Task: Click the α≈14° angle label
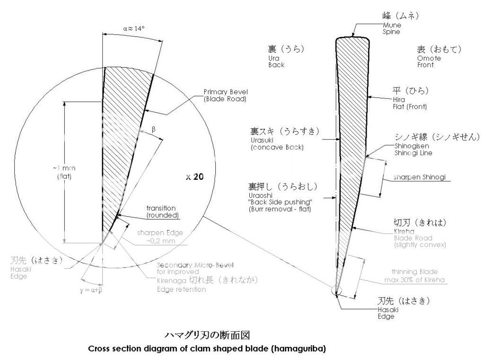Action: tap(134, 29)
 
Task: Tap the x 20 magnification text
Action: tap(195, 176)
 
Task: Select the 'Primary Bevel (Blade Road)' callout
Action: tap(226, 96)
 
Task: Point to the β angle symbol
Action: tap(153, 130)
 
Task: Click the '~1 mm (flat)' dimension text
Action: tap(64, 172)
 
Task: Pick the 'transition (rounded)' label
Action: tap(162, 212)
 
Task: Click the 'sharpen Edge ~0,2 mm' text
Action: tap(160, 237)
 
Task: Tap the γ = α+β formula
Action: tap(91, 290)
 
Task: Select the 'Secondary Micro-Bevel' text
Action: tap(195, 265)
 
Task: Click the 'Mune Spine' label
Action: tap(392, 28)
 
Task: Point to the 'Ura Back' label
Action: tap(276, 61)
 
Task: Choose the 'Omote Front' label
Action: tap(429, 61)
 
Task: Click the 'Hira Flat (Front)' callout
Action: tap(410, 103)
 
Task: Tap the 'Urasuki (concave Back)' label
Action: tap(277, 143)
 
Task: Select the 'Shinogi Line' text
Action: tap(414, 153)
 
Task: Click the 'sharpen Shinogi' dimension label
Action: tap(420, 177)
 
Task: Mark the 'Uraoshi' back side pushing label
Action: tap(280, 202)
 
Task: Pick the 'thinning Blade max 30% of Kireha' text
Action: tap(414, 276)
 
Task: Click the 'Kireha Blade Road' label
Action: tap(413, 235)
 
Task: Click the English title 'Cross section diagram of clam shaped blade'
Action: tap(207, 349)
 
